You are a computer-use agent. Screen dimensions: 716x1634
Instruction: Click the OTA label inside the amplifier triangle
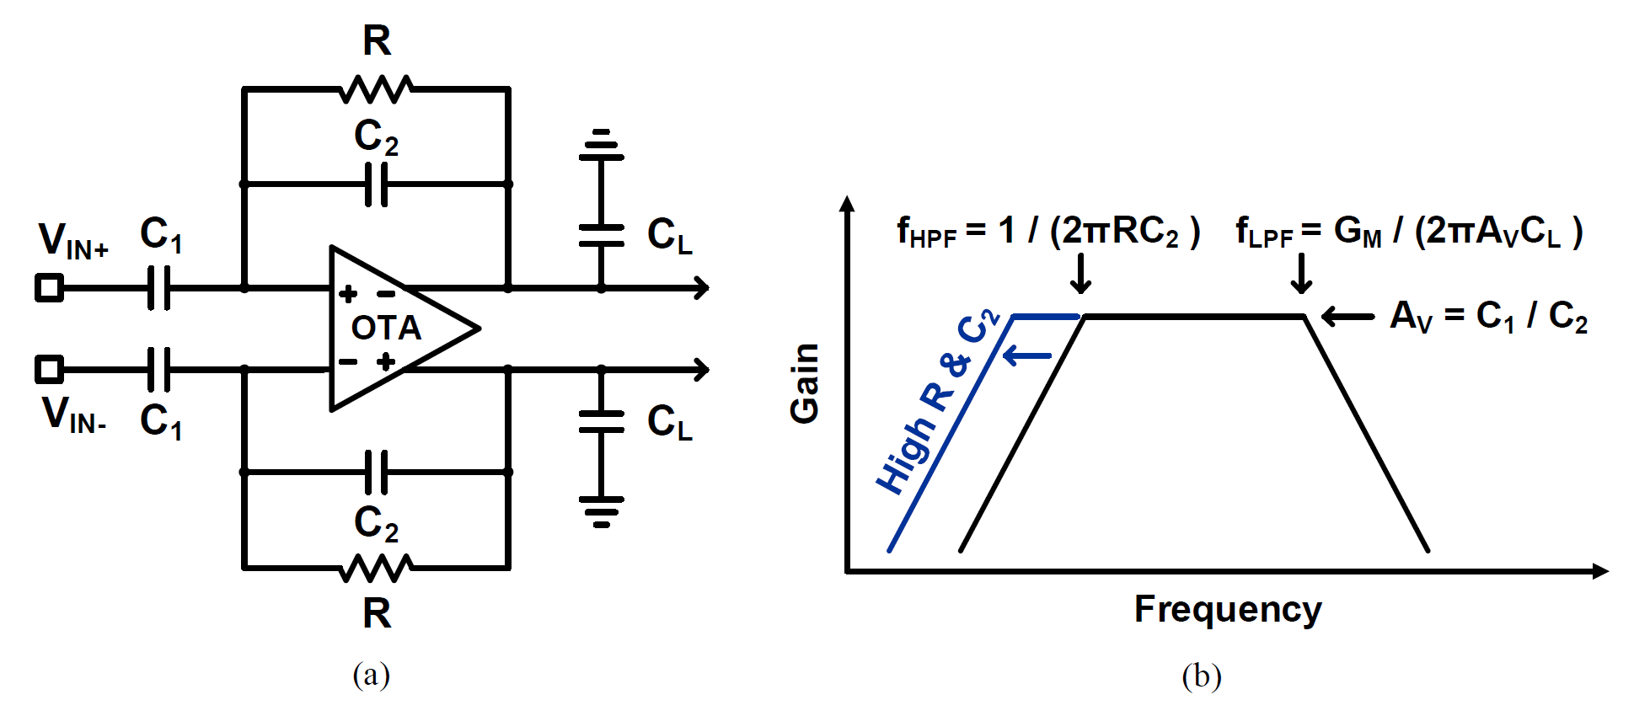click(386, 328)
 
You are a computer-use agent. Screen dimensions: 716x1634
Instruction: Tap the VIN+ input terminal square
click(49, 288)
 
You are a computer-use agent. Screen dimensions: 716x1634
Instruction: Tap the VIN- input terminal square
click(49, 369)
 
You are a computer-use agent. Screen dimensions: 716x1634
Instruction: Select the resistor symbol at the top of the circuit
click(376, 88)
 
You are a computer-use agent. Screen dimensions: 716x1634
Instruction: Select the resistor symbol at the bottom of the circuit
click(376, 569)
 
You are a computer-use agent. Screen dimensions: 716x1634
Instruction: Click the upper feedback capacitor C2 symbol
click(376, 184)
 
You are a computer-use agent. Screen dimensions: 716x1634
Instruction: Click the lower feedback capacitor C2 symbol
click(376, 473)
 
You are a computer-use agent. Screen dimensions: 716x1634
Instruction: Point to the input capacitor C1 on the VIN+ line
click(158, 288)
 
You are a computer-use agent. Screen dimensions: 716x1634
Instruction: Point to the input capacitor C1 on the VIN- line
click(158, 369)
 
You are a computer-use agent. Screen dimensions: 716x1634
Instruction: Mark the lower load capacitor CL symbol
click(601, 421)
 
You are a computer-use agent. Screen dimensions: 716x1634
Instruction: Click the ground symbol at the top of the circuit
click(601, 145)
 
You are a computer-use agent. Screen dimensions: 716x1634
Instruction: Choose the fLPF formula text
click(1408, 232)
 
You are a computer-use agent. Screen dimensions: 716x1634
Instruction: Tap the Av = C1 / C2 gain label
click(1488, 317)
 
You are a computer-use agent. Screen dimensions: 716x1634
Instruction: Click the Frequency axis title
click(1228, 609)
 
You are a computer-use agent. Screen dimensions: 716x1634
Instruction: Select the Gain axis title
click(806, 383)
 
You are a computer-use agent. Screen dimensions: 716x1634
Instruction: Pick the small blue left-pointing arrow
click(1027, 356)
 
